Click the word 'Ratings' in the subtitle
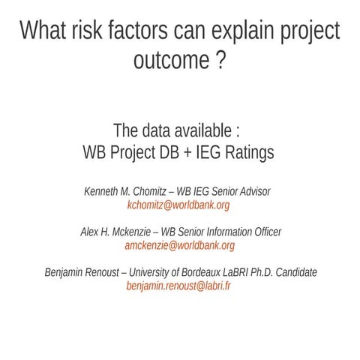(x=245, y=152)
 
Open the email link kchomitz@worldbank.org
(x=178, y=205)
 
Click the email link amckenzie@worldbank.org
(x=180, y=245)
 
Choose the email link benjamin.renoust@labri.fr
(x=178, y=286)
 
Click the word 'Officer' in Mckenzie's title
(x=265, y=232)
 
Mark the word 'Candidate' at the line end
(x=296, y=272)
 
